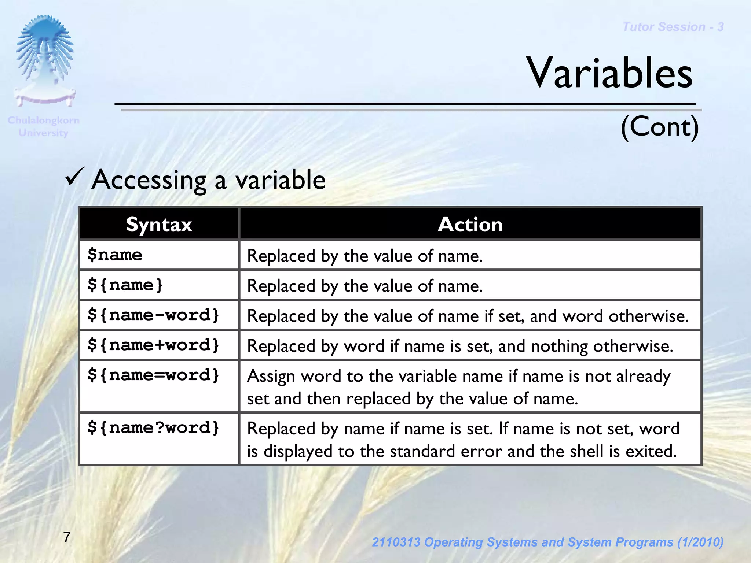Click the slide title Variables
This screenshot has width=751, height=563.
[609, 73]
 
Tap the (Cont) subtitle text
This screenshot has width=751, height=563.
[659, 127]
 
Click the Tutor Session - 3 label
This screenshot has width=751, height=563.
[673, 27]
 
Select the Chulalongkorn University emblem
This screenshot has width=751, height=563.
[44, 60]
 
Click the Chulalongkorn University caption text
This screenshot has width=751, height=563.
[43, 126]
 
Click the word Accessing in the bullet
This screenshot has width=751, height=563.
[149, 180]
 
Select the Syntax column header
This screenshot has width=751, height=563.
[159, 224]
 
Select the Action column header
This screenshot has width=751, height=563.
[470, 224]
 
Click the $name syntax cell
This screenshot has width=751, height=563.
[115, 255]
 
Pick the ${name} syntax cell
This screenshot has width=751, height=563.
[125, 285]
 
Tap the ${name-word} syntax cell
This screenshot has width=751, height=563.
[153, 315]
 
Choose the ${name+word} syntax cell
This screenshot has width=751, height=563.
[153, 345]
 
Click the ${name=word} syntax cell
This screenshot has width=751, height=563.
[153, 375]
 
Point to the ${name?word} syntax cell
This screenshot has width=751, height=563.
[153, 428]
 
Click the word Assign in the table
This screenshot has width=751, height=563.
[271, 377]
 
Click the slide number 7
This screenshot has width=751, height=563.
[67, 537]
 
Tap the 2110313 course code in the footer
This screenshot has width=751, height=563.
[396, 542]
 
